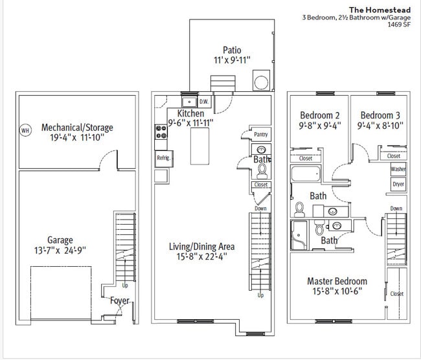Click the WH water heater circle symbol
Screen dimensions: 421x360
(x=26, y=131)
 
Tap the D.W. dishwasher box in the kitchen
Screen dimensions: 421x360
(x=204, y=102)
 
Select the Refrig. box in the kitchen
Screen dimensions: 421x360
(x=164, y=159)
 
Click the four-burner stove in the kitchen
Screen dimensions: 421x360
(x=161, y=132)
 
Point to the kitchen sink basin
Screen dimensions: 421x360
(x=189, y=102)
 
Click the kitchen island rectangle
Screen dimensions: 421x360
(x=199, y=146)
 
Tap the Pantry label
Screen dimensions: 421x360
(x=261, y=134)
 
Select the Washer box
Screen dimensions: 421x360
(x=398, y=169)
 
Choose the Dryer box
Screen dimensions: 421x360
(x=398, y=184)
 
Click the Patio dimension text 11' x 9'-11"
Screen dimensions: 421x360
(x=232, y=60)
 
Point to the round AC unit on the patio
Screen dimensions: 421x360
(x=261, y=82)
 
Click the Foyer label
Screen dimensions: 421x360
(x=120, y=300)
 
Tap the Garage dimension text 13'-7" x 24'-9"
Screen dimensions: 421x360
(x=60, y=250)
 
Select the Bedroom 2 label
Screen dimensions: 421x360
(x=320, y=115)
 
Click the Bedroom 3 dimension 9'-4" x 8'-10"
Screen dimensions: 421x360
(x=380, y=126)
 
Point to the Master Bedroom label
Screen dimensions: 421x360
(x=337, y=281)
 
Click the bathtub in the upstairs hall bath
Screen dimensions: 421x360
(x=306, y=174)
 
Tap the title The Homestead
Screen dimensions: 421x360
(x=380, y=10)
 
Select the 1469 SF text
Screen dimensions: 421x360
(x=399, y=25)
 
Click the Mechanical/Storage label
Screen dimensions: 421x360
(x=77, y=128)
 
